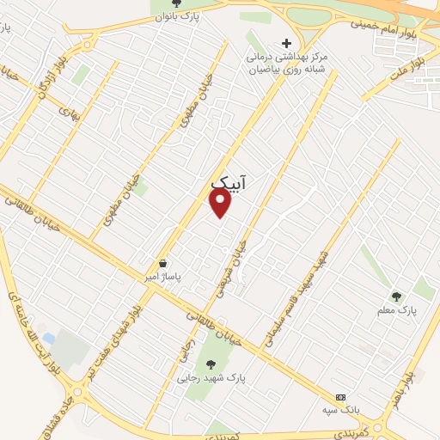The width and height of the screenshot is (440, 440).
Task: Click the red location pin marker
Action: click(x=221, y=203)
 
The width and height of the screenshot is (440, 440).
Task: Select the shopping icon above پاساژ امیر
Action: click(x=163, y=263)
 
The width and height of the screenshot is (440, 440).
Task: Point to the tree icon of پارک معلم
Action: click(x=396, y=296)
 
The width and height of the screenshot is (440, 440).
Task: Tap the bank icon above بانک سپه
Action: click(x=341, y=398)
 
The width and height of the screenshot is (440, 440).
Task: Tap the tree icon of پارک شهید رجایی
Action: click(x=202, y=364)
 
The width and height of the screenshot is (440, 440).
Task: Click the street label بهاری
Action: click(x=68, y=112)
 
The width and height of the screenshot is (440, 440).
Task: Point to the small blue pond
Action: click(x=49, y=338)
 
